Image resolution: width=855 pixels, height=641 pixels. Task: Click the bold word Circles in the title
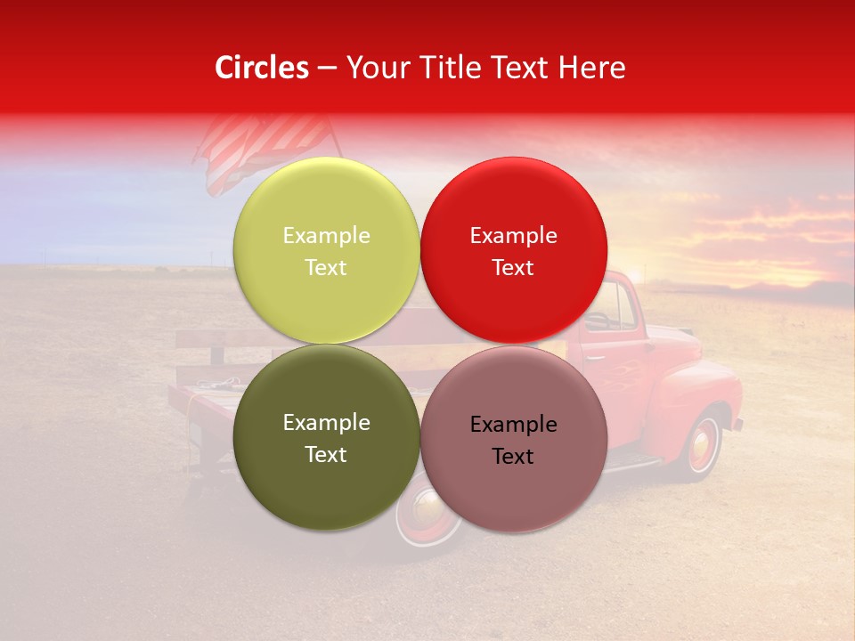coord(262,68)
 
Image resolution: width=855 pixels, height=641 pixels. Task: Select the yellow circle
coord(326,250)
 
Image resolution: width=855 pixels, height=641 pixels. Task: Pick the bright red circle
coord(513,250)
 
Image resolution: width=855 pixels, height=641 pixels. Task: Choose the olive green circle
coord(326,437)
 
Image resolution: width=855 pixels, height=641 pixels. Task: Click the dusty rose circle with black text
coord(513,439)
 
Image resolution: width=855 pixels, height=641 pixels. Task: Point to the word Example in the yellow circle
coord(326,235)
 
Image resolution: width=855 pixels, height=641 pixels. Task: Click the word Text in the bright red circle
coord(513,267)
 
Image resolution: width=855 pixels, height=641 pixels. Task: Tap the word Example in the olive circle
coord(326,422)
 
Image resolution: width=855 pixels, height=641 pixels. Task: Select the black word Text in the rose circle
coord(513,456)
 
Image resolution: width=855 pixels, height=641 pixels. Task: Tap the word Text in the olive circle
coord(326,454)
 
